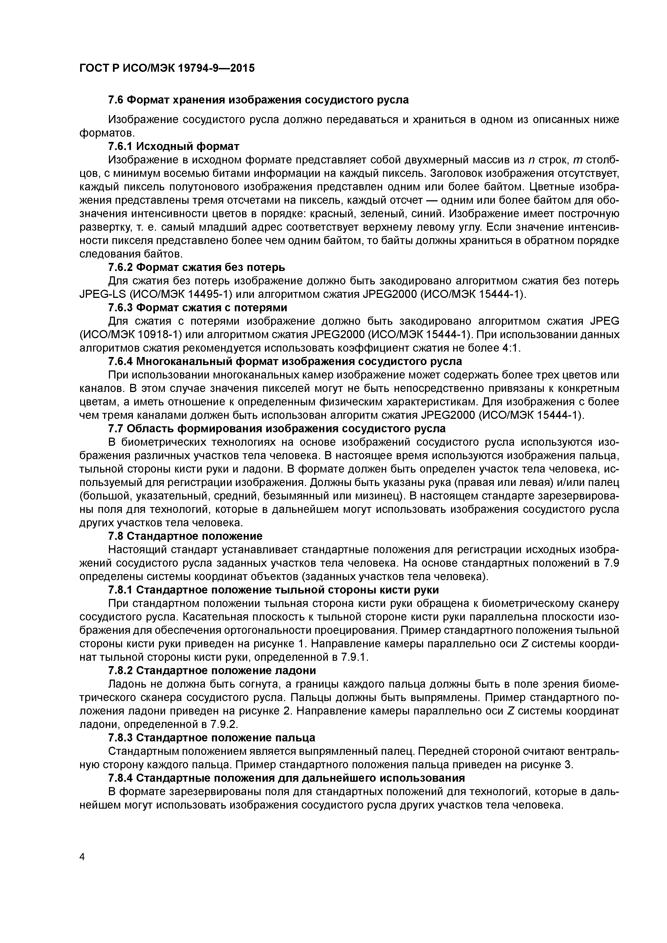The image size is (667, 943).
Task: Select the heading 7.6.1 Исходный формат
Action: tap(173, 146)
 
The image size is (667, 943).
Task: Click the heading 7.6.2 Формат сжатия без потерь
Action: tap(196, 267)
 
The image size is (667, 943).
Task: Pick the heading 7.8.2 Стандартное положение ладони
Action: tap(212, 670)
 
